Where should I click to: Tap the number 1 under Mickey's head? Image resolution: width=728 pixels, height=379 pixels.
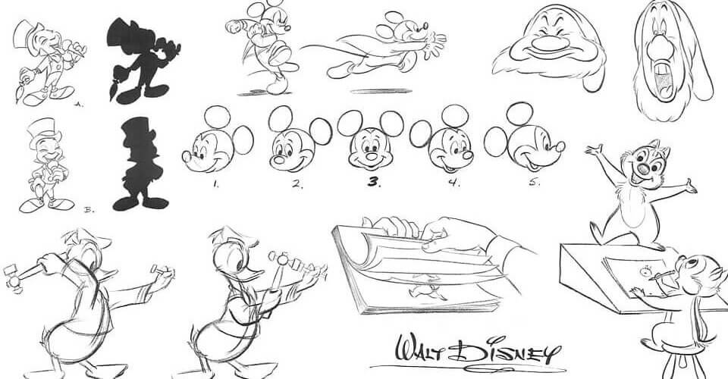pyautogui.click(x=216, y=183)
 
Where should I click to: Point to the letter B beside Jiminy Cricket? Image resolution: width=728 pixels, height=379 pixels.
pyautogui.click(x=89, y=210)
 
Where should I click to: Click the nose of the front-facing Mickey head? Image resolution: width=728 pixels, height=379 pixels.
pyautogui.click(x=372, y=155)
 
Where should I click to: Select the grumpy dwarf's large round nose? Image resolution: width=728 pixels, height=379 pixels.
pyautogui.click(x=551, y=45)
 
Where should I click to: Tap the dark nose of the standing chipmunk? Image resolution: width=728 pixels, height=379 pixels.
pyautogui.click(x=643, y=168)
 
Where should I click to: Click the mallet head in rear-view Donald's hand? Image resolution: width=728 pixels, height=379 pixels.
pyautogui.click(x=13, y=277)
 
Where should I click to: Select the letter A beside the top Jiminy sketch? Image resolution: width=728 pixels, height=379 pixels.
pyautogui.click(x=80, y=105)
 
